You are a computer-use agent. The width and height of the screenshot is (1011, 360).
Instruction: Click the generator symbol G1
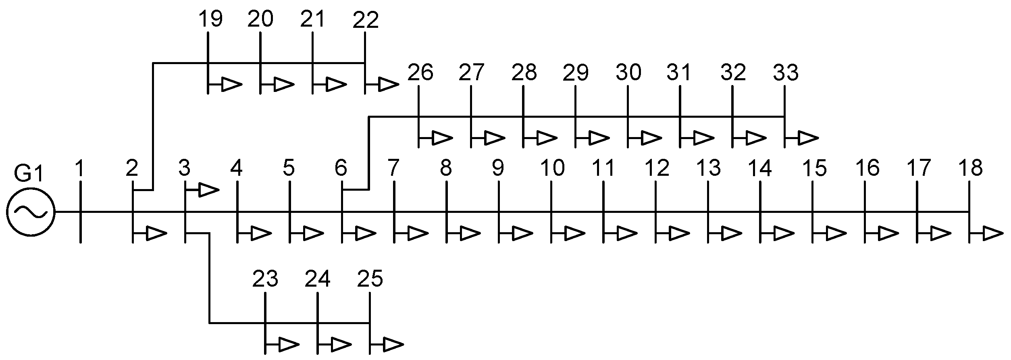[x=30, y=212]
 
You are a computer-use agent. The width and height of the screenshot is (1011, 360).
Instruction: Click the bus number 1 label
[x=80, y=169]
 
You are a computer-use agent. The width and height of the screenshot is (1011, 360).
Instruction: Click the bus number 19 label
[x=211, y=20]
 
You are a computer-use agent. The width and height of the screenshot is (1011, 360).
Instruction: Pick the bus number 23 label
[x=265, y=279]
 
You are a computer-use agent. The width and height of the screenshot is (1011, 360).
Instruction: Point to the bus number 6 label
[x=341, y=169]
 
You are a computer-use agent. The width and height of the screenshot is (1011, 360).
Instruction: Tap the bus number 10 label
[x=552, y=169]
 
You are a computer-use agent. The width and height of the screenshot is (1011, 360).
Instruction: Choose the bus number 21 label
[x=312, y=20]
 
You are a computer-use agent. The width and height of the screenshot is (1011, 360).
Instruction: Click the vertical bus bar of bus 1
[x=81, y=212]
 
